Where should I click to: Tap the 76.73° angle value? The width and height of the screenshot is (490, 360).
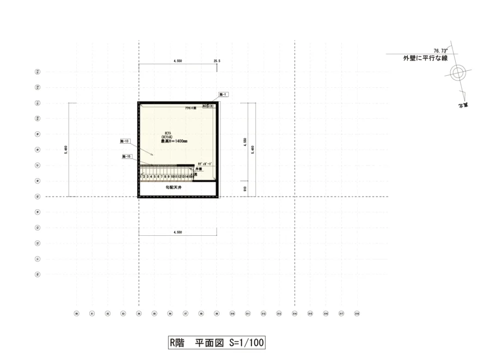click(x=440, y=50)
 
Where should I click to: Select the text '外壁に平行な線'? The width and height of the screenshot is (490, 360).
click(x=425, y=58)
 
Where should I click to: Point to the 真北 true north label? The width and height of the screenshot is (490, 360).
click(x=464, y=104)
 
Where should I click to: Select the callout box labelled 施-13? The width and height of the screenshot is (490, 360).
click(x=125, y=141)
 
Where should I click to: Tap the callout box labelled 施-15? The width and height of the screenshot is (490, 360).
click(x=127, y=156)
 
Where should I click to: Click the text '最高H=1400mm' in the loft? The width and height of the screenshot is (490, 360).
click(x=174, y=141)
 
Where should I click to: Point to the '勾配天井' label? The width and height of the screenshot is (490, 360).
click(x=174, y=187)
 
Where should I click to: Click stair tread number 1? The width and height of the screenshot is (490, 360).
click(x=140, y=176)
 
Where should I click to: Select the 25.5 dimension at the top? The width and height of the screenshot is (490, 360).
click(x=217, y=61)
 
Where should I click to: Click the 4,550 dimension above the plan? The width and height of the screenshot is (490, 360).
click(x=177, y=61)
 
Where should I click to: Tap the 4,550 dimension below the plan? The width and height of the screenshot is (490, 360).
click(x=177, y=232)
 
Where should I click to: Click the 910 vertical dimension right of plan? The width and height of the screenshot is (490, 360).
click(x=246, y=188)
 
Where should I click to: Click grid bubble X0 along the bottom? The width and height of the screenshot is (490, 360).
click(x=76, y=313)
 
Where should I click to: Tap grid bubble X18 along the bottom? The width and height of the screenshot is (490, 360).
click(x=357, y=313)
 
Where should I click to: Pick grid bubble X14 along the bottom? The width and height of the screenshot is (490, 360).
click(x=295, y=313)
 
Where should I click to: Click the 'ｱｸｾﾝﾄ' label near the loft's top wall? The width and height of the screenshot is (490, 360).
click(x=191, y=108)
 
